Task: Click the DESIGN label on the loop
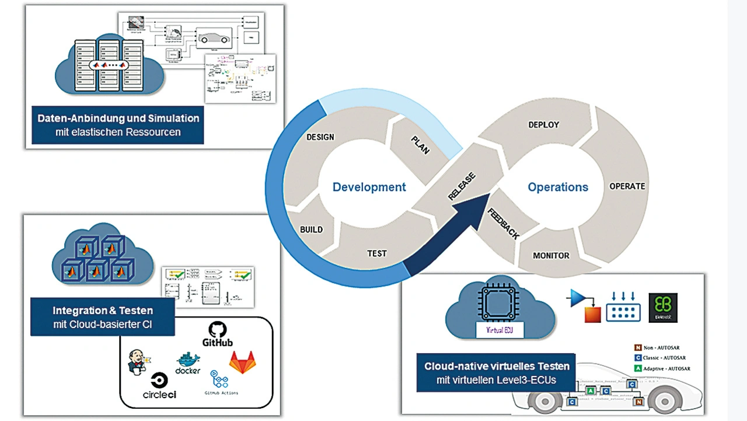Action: coord(320,137)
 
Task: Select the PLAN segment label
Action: coord(420,144)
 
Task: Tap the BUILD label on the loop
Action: coord(311,229)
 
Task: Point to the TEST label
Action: coord(376,253)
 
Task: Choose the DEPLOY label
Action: coord(543,125)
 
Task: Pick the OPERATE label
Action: coord(627,186)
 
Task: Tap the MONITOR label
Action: coord(551,256)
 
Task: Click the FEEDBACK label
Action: coord(504,222)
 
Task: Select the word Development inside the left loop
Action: coord(369,187)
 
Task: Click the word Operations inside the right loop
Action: coord(558,187)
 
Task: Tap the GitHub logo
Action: coord(217,335)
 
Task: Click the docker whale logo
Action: coord(188,363)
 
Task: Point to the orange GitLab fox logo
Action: coord(242,362)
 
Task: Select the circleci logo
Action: coord(159,386)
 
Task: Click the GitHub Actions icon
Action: coord(219,380)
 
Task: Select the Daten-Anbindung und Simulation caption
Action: coord(118,124)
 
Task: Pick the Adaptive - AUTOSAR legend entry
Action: coord(662,368)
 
